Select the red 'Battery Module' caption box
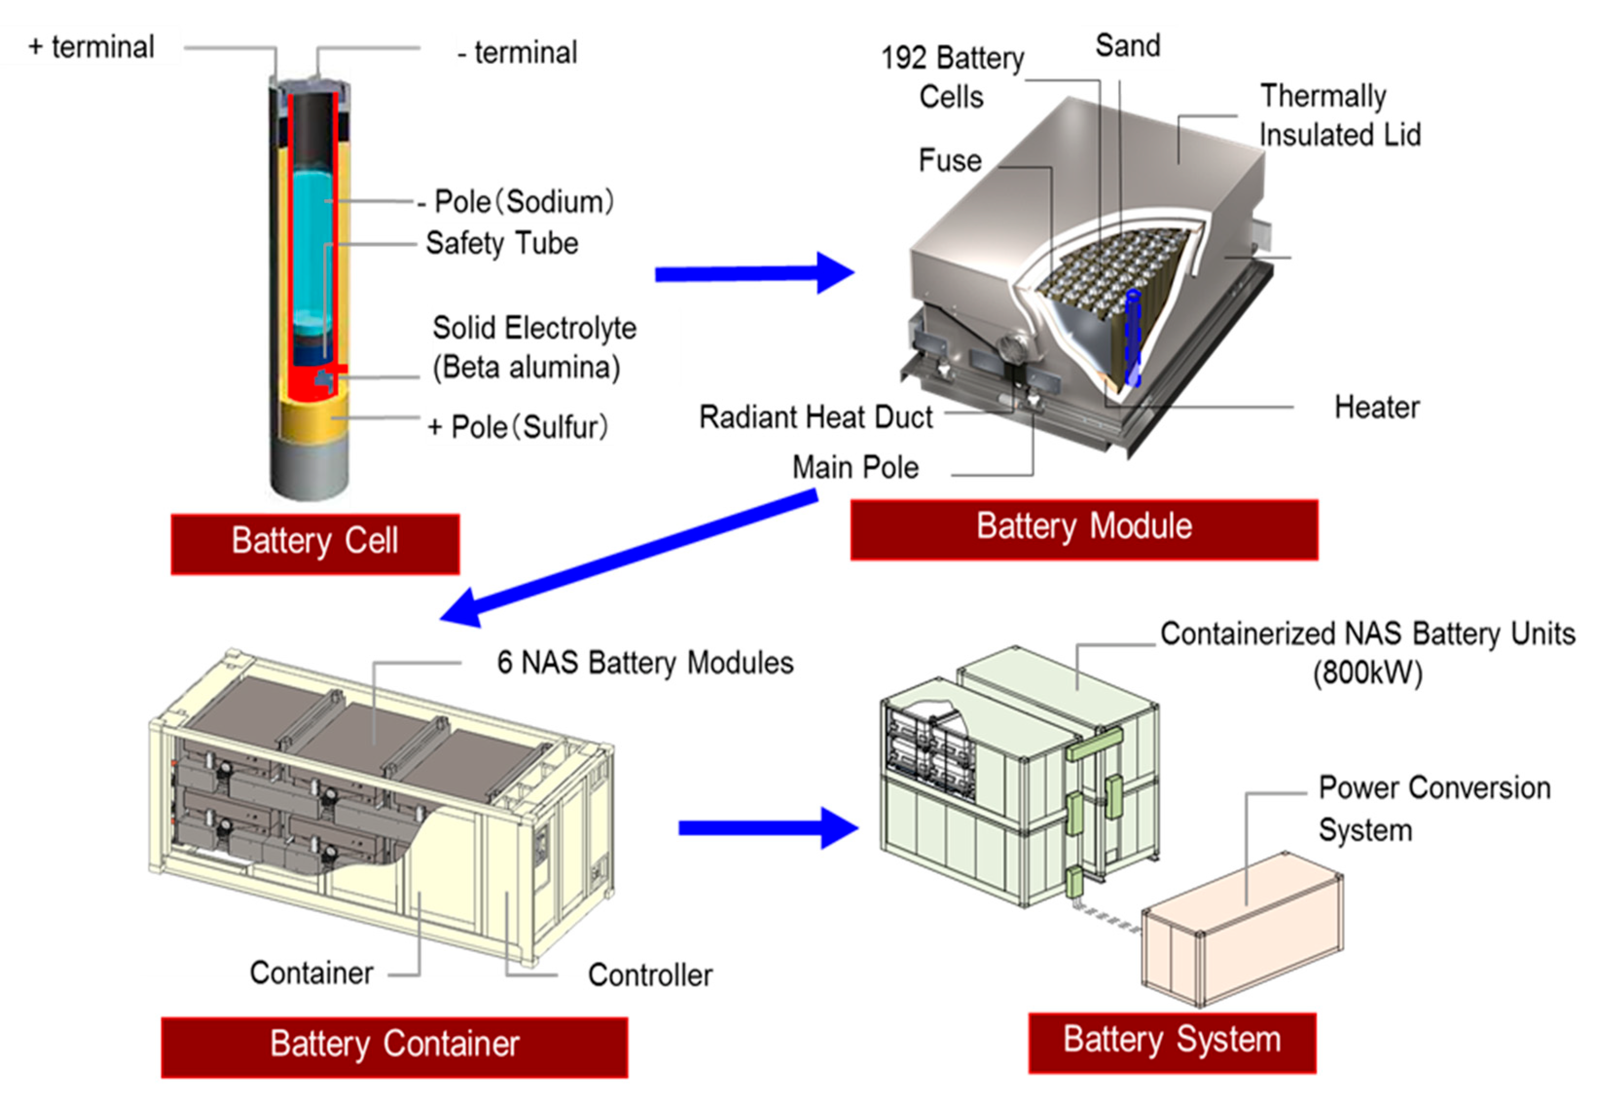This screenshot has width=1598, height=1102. [1083, 529]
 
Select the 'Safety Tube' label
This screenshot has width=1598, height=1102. [502, 244]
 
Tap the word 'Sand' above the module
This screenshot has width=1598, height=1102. [1127, 46]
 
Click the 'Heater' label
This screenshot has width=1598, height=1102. [1376, 408]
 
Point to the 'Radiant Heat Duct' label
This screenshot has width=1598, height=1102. [816, 417]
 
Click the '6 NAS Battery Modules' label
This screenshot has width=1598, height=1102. [645, 663]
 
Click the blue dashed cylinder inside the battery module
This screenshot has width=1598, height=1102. [1132, 338]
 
